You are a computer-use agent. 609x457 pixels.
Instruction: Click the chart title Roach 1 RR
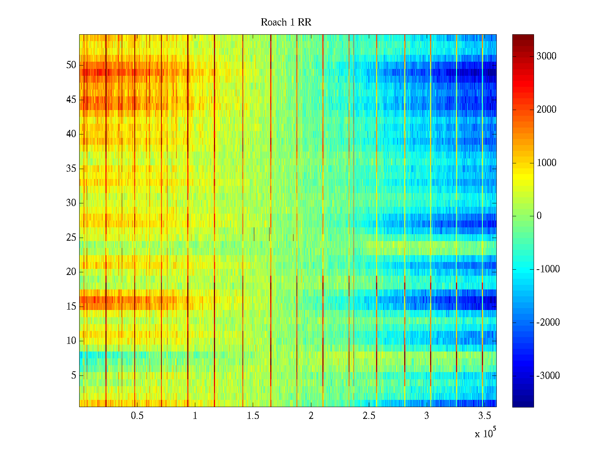tap(286, 22)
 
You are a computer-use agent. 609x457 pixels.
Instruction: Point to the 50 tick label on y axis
tap(71, 65)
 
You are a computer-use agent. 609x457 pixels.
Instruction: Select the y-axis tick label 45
tap(71, 100)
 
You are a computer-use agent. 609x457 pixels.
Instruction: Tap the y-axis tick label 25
tap(71, 238)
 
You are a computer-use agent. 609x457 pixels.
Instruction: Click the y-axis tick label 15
tap(71, 307)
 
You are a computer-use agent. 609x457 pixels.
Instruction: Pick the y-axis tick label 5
tap(73, 376)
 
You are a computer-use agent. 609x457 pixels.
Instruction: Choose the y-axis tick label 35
tap(71, 169)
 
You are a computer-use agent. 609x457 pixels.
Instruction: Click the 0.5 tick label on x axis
tap(137, 416)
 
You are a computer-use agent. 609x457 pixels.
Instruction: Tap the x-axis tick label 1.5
tap(253, 416)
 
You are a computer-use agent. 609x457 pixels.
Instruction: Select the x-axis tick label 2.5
tap(369, 416)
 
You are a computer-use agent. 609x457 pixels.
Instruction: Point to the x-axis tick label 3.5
tap(485, 416)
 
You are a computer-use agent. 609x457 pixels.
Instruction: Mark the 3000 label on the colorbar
tap(546, 56)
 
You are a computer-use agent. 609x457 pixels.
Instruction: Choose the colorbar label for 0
tap(539, 216)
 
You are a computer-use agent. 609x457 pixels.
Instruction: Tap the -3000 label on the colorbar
tap(548, 376)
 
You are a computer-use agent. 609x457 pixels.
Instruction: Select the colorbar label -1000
tap(548, 269)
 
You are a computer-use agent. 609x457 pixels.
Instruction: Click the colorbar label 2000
tap(546, 110)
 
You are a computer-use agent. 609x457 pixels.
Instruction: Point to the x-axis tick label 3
tap(427, 416)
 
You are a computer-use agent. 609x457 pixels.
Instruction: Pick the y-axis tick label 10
tap(71, 341)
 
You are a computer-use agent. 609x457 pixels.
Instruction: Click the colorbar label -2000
tap(548, 323)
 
